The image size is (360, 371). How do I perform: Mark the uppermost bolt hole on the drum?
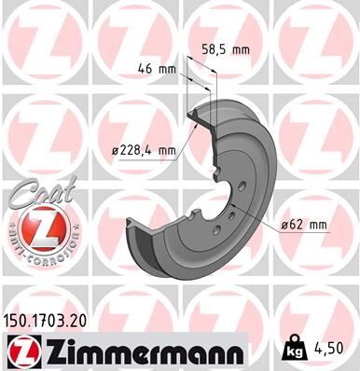[x=241, y=187]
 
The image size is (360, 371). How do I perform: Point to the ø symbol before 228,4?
[x=113, y=149]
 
